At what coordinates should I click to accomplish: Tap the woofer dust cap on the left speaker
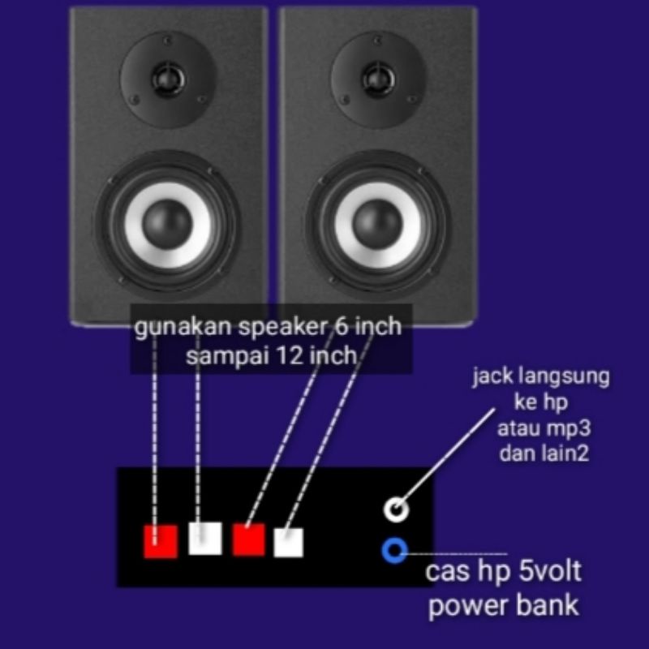coord(169,221)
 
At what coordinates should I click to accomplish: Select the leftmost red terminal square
coord(161,541)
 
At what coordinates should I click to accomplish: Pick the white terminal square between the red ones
coord(205,538)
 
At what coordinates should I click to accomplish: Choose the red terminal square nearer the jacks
coord(249,539)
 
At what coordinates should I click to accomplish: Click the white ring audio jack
coord(395,509)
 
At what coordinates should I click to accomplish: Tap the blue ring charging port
coord(394,552)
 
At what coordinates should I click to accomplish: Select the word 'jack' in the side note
coord(488,379)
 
